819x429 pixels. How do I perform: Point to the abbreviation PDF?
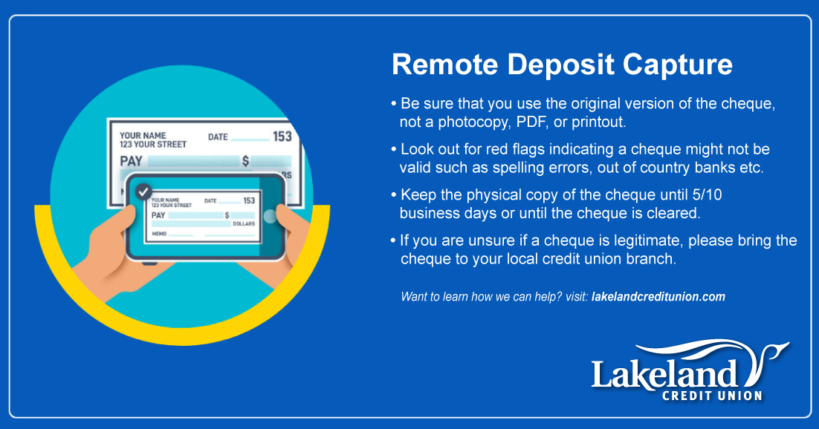pyautogui.click(x=531, y=122)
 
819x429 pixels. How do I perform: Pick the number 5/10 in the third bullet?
pyautogui.click(x=707, y=195)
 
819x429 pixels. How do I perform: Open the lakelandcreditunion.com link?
pyautogui.click(x=658, y=297)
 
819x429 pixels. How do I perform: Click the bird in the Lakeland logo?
pyautogui.click(x=768, y=360)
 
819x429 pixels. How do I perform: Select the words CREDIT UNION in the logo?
pyautogui.click(x=712, y=396)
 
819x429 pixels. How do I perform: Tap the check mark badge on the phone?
pyautogui.click(x=143, y=191)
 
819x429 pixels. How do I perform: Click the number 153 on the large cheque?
pyautogui.click(x=282, y=137)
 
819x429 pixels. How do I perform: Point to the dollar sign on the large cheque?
pyautogui.click(x=245, y=161)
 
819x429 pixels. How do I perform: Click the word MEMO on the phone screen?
pyautogui.click(x=159, y=234)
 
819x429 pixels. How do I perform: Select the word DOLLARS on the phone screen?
pyautogui.click(x=244, y=223)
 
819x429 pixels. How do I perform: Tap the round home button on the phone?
pyautogui.click(x=270, y=216)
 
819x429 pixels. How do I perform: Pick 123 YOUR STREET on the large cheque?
pyautogui.click(x=153, y=145)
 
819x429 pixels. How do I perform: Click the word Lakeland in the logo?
pyautogui.click(x=664, y=373)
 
